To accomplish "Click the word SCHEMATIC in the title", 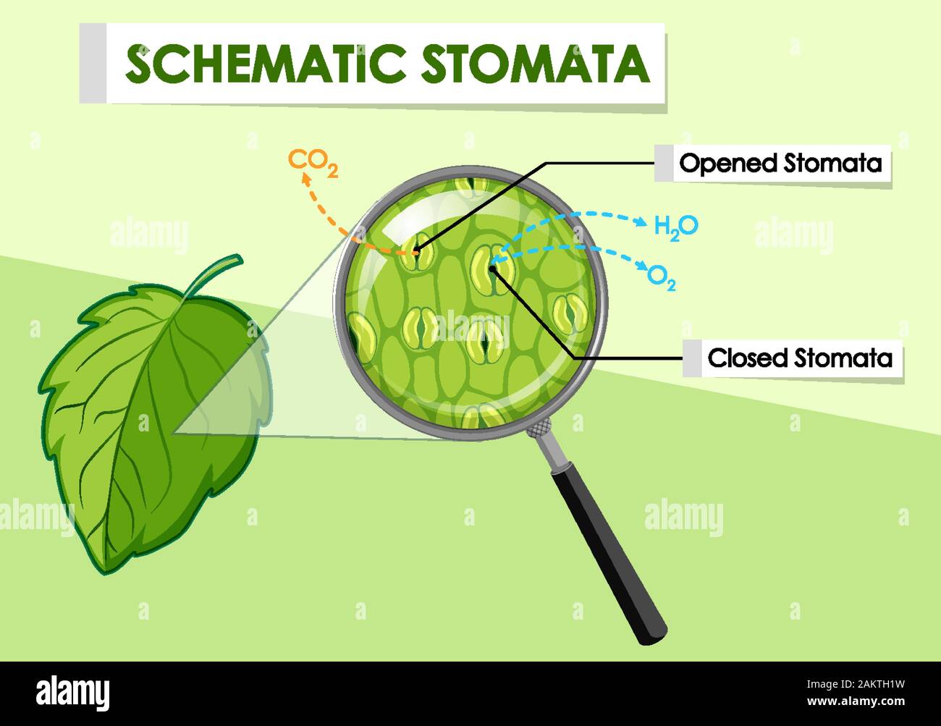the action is tap(266, 64).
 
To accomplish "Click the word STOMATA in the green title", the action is tap(535, 64).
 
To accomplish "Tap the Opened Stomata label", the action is tap(780, 164).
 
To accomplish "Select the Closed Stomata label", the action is tap(800, 358).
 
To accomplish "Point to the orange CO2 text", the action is tap(313, 163).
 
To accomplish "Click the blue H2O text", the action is tap(676, 228).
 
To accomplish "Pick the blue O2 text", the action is tap(662, 279).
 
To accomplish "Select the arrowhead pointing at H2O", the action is tap(641, 222).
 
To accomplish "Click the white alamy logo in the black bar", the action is tap(72, 694).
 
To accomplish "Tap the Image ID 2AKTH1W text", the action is tap(856, 684).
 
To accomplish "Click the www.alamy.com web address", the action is tap(856, 701).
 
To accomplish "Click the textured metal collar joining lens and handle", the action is tap(539, 429).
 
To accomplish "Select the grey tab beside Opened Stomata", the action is tap(664, 163).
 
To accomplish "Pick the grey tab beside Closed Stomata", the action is tap(692, 358).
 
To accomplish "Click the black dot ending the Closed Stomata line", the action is tap(492, 269).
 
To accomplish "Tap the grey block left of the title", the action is tap(93, 63).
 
